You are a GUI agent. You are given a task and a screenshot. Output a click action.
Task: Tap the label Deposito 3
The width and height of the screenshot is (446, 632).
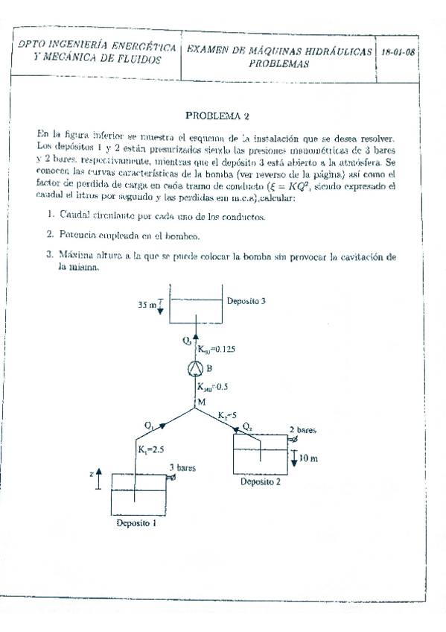click(x=247, y=302)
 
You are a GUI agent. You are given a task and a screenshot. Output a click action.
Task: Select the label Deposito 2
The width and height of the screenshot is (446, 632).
click(x=260, y=481)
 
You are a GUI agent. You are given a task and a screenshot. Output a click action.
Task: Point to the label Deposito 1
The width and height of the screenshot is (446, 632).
click(x=137, y=523)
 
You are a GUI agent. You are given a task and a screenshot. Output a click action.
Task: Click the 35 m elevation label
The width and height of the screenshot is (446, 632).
click(x=147, y=305)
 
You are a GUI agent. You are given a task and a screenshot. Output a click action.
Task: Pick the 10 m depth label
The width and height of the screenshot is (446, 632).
click(x=308, y=458)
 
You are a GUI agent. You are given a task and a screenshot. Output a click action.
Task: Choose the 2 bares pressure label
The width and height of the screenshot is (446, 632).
click(x=302, y=431)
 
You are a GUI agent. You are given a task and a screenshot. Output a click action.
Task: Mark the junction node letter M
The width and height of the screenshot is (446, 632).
click(x=200, y=402)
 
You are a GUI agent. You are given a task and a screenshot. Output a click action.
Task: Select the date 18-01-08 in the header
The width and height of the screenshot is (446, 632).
click(x=398, y=54)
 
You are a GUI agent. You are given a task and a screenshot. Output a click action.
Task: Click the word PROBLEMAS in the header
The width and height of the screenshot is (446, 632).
click(x=279, y=64)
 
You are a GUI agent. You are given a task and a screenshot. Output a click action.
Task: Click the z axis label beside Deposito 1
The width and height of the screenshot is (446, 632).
click(x=89, y=473)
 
